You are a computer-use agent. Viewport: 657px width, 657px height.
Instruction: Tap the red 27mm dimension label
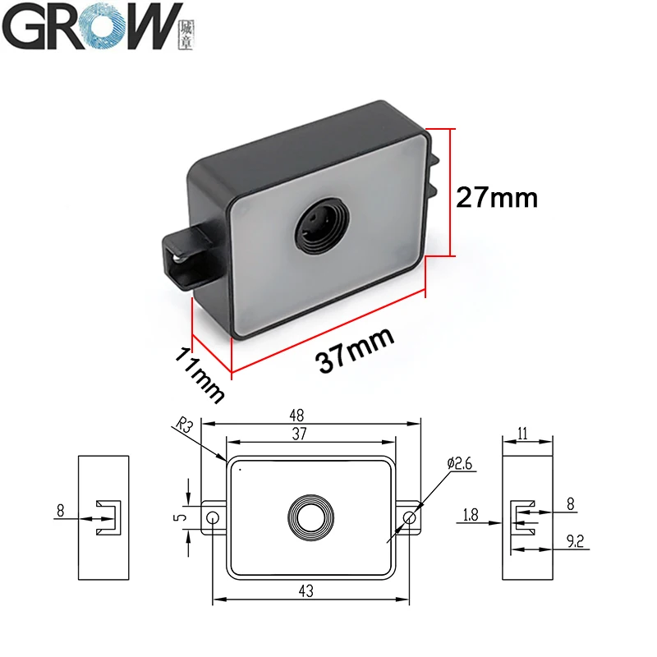[498, 197]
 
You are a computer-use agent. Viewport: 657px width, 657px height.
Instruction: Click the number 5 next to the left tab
[186, 517]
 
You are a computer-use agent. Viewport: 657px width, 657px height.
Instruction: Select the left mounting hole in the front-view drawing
[213, 518]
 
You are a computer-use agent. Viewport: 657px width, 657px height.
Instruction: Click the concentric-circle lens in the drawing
[311, 517]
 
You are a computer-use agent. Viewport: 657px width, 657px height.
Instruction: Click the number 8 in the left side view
[60, 511]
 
